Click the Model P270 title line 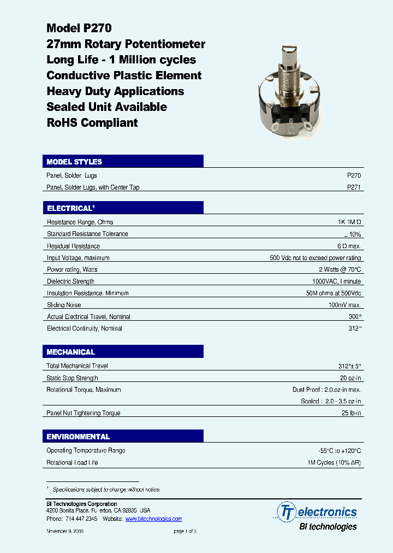click(79, 28)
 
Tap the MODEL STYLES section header click(74, 162)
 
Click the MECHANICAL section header click(71, 352)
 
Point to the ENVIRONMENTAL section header click(78, 437)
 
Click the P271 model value click(354, 187)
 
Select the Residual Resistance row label click(73, 246)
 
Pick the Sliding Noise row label click(63, 305)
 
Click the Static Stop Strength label click(73, 378)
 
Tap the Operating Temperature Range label click(86, 450)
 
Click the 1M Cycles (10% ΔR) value click(334, 462)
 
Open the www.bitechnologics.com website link click(153, 519)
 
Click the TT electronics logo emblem click(287, 512)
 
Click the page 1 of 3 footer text click(184, 531)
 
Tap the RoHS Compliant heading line click(92, 122)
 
